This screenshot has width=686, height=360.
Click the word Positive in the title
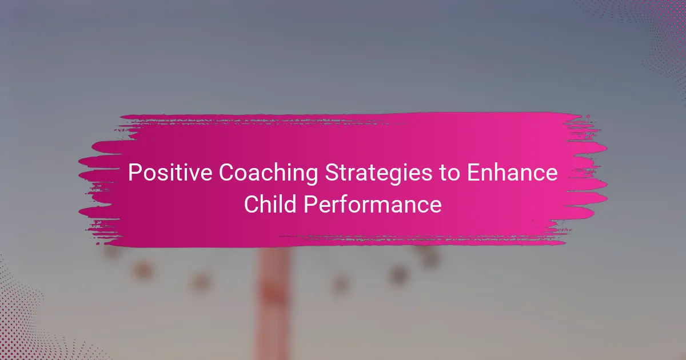point(170,173)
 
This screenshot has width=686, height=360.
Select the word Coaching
point(269,174)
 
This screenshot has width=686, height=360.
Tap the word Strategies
point(378,174)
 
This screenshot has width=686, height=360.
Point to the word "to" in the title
point(449,174)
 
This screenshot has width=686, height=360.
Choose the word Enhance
point(512,173)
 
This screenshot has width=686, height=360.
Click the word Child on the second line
point(270,204)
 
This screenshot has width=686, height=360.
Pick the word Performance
point(373,204)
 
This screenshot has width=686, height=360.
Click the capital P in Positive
point(134,173)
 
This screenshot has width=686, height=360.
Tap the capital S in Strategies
point(332,173)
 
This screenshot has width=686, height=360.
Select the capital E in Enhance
point(473,173)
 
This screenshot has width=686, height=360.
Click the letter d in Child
point(290,204)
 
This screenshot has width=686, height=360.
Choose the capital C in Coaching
point(227,173)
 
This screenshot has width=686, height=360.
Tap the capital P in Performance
point(310,204)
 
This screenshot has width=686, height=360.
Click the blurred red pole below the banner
point(272,303)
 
